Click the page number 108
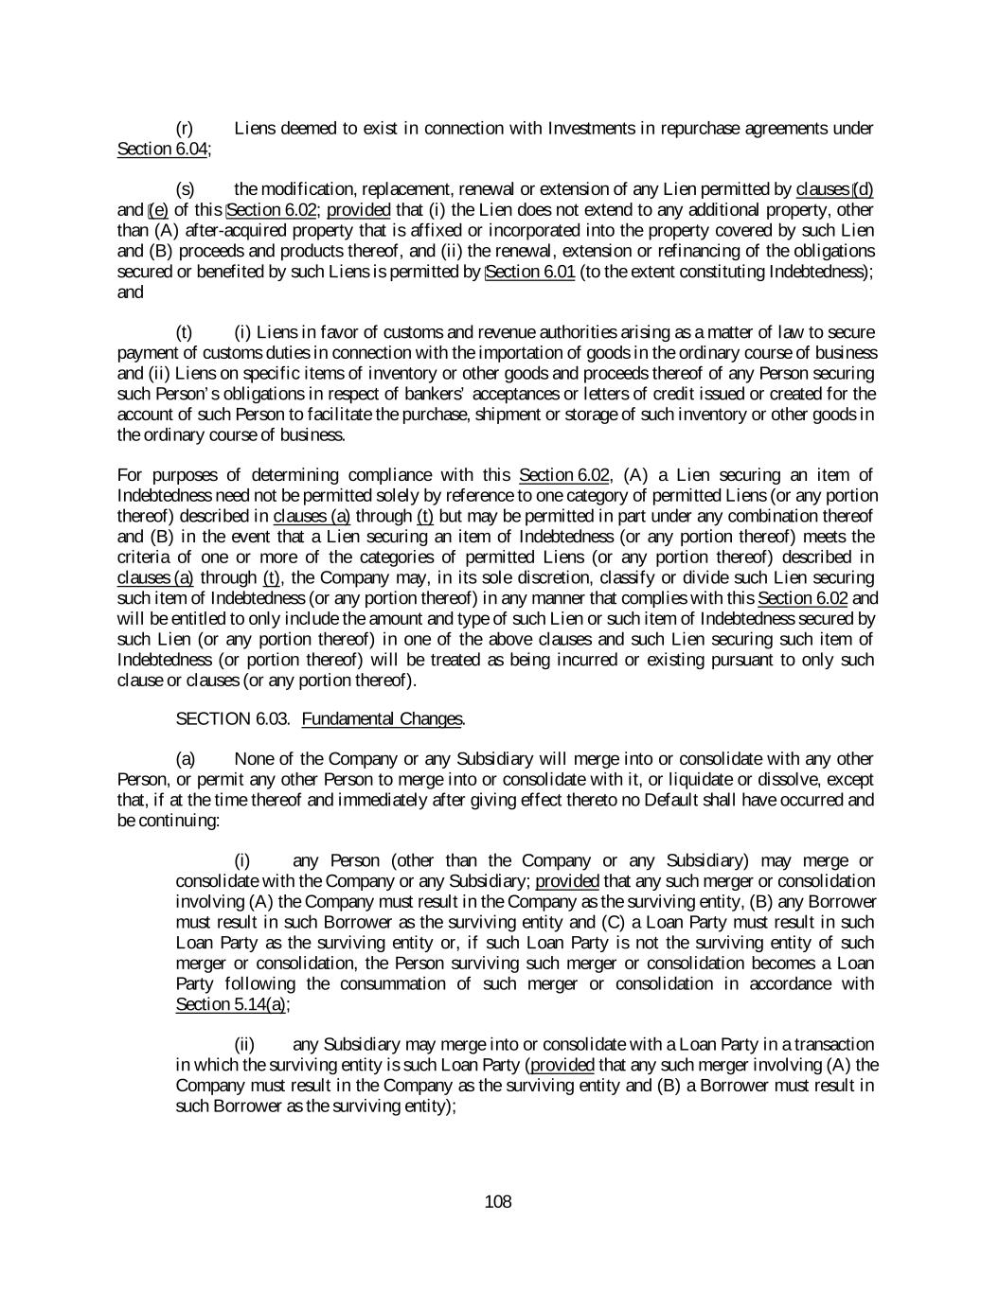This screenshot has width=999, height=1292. tap(497, 1202)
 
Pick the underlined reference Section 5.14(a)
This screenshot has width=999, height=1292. tap(231, 1004)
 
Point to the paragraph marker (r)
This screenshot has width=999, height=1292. tap(186, 128)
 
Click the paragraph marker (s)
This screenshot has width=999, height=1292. tap(186, 189)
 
